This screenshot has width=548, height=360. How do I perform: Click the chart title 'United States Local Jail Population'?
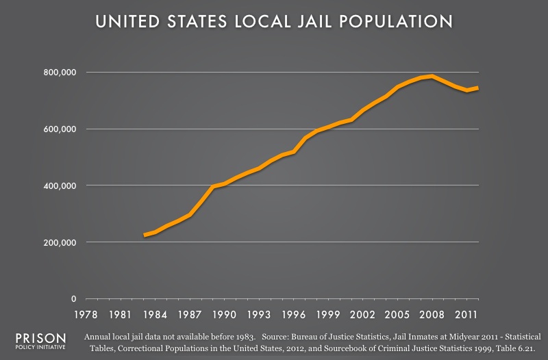click(x=274, y=23)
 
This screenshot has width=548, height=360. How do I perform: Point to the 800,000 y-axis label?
click(x=55, y=73)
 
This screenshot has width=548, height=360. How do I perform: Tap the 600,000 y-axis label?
click(x=55, y=129)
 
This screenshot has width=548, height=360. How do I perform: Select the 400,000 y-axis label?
click(x=55, y=186)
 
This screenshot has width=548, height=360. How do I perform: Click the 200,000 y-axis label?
click(x=55, y=243)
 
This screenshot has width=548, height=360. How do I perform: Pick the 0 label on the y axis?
click(x=71, y=299)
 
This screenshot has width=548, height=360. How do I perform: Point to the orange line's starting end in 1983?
click(x=145, y=235)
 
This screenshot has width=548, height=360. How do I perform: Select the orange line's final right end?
click(x=477, y=88)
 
